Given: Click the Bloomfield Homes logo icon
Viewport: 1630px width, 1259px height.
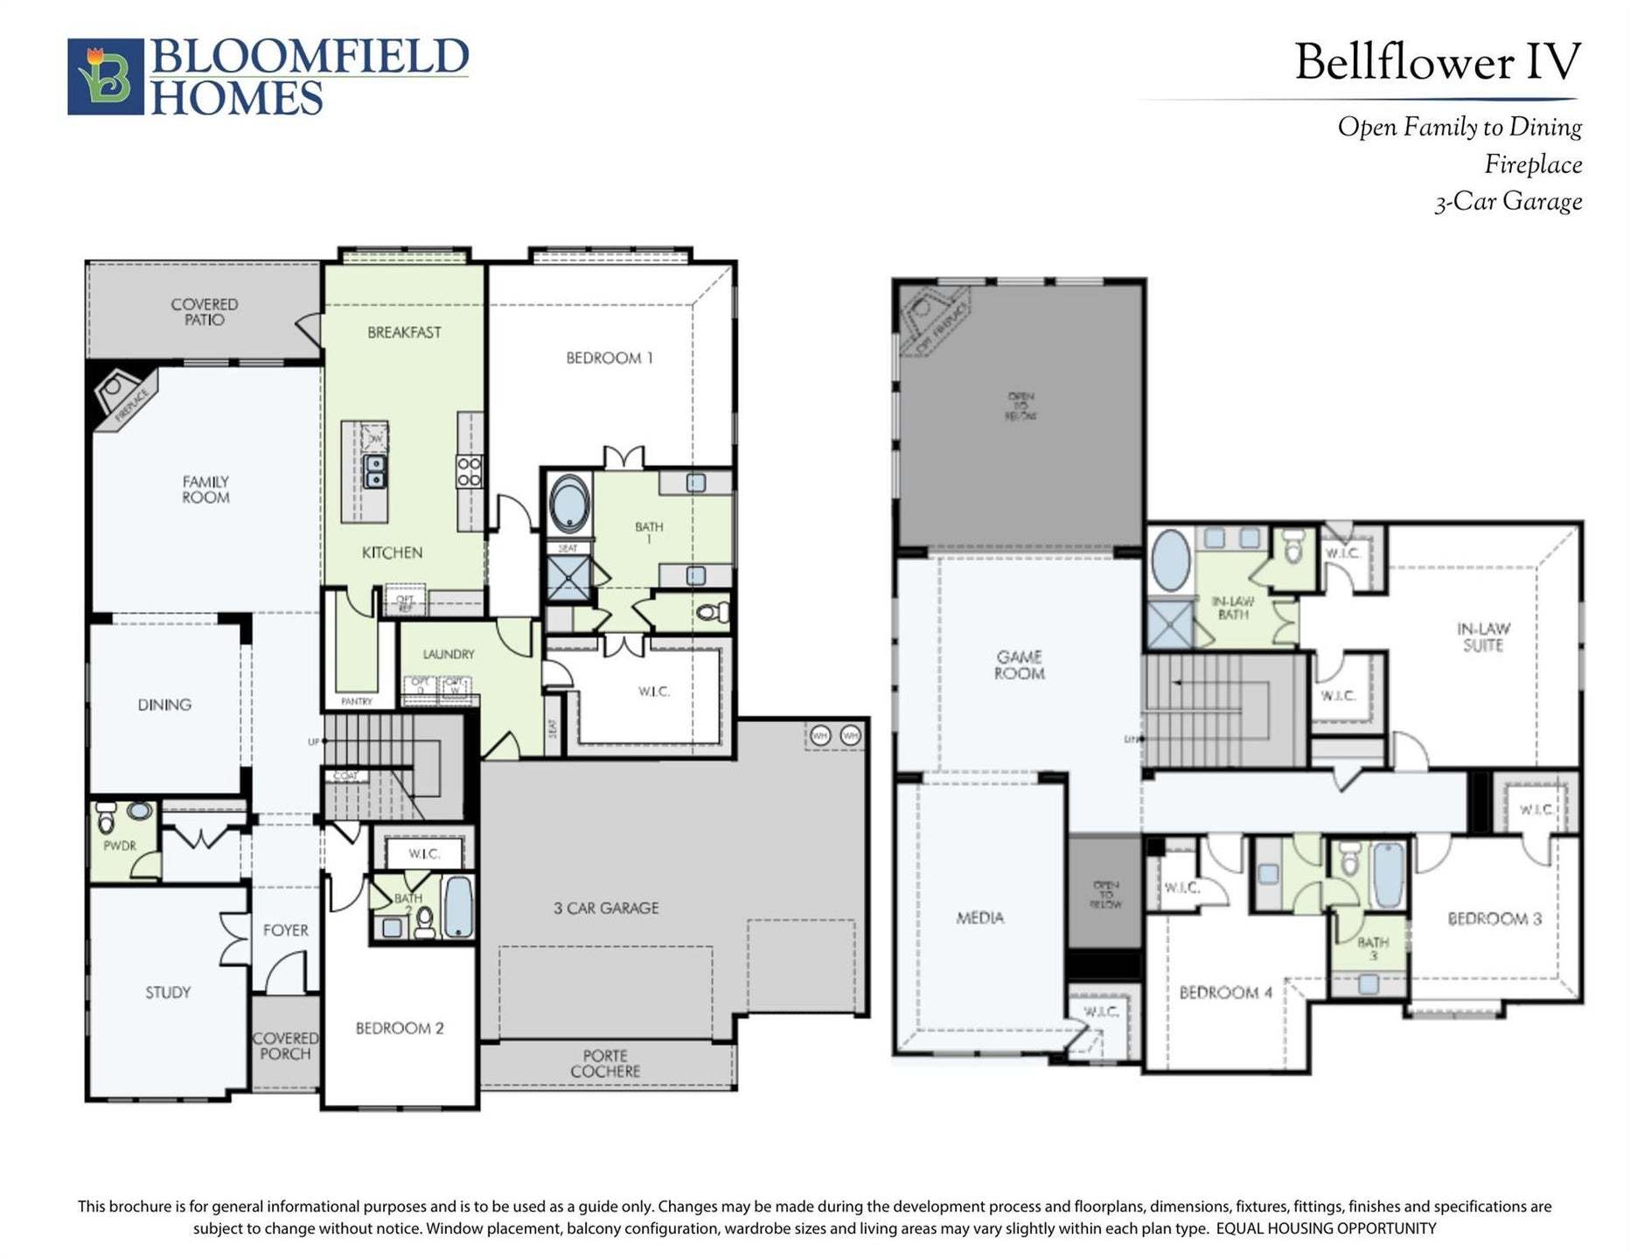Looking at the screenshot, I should click(105, 76).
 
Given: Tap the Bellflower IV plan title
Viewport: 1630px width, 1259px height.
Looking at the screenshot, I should click(1437, 63).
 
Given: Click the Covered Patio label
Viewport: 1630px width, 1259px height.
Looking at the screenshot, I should click(204, 312).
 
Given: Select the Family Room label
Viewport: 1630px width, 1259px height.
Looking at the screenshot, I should click(205, 490).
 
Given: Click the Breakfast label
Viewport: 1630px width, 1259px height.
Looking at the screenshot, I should click(404, 332).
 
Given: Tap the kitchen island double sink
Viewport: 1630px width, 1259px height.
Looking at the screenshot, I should click(375, 471).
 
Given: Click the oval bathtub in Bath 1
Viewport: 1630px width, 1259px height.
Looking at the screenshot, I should click(568, 504).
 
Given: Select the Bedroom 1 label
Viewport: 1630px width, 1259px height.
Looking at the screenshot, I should click(609, 358).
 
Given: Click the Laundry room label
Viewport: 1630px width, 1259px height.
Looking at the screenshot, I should click(449, 654).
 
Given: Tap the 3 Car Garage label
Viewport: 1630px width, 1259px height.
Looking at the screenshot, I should click(606, 908).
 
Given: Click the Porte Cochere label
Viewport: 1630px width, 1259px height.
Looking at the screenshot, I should click(605, 1063).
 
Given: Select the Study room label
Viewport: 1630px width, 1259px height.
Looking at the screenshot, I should click(168, 992).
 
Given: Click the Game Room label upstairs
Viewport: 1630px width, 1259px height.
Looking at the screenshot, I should click(1019, 664).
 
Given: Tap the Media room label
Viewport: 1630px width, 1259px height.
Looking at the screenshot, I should click(979, 917).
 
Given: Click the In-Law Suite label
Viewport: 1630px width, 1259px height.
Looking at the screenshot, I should click(1483, 636).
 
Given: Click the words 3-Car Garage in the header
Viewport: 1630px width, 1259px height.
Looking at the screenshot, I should click(1508, 202).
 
